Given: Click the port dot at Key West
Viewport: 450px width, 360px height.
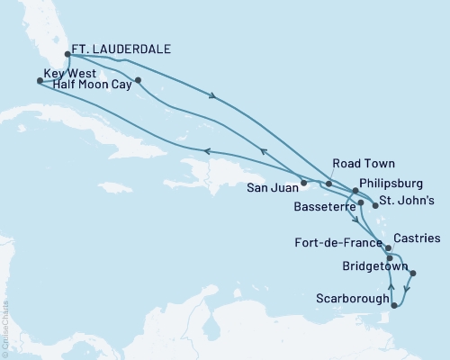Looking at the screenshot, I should point(39,80).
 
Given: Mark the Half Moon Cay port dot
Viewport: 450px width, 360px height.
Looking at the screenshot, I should point(139,82).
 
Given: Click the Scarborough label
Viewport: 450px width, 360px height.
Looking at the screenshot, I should point(354,298).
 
